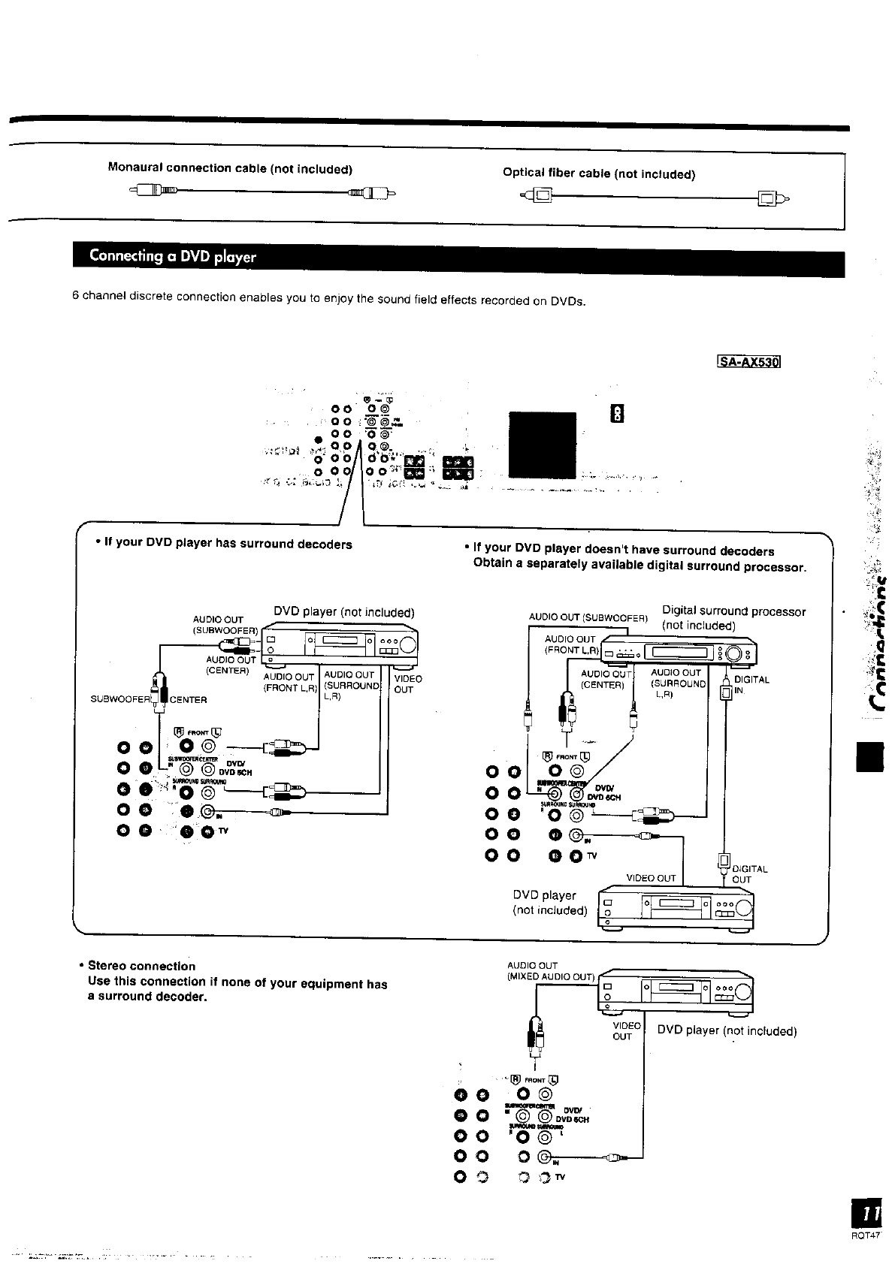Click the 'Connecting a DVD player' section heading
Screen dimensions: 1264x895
[x=173, y=256]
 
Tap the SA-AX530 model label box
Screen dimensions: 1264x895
[x=750, y=362]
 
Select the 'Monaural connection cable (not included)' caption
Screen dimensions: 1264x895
[x=230, y=168]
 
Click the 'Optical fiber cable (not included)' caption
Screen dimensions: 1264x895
[x=599, y=174]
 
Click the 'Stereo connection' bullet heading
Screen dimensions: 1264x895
[x=142, y=966]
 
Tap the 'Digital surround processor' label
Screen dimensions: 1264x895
[x=733, y=611]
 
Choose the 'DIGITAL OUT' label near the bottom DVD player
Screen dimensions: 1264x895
[x=749, y=874]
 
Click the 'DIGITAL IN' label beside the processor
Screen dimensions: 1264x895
[x=751, y=685]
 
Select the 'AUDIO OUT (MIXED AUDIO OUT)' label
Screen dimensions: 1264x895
[x=551, y=971]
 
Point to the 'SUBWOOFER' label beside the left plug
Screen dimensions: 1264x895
[x=120, y=700]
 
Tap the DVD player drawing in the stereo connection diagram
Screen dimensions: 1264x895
[x=675, y=991]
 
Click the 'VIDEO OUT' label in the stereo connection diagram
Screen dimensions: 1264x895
[x=622, y=1031]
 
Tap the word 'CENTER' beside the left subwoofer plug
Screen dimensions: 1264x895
[x=189, y=700]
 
